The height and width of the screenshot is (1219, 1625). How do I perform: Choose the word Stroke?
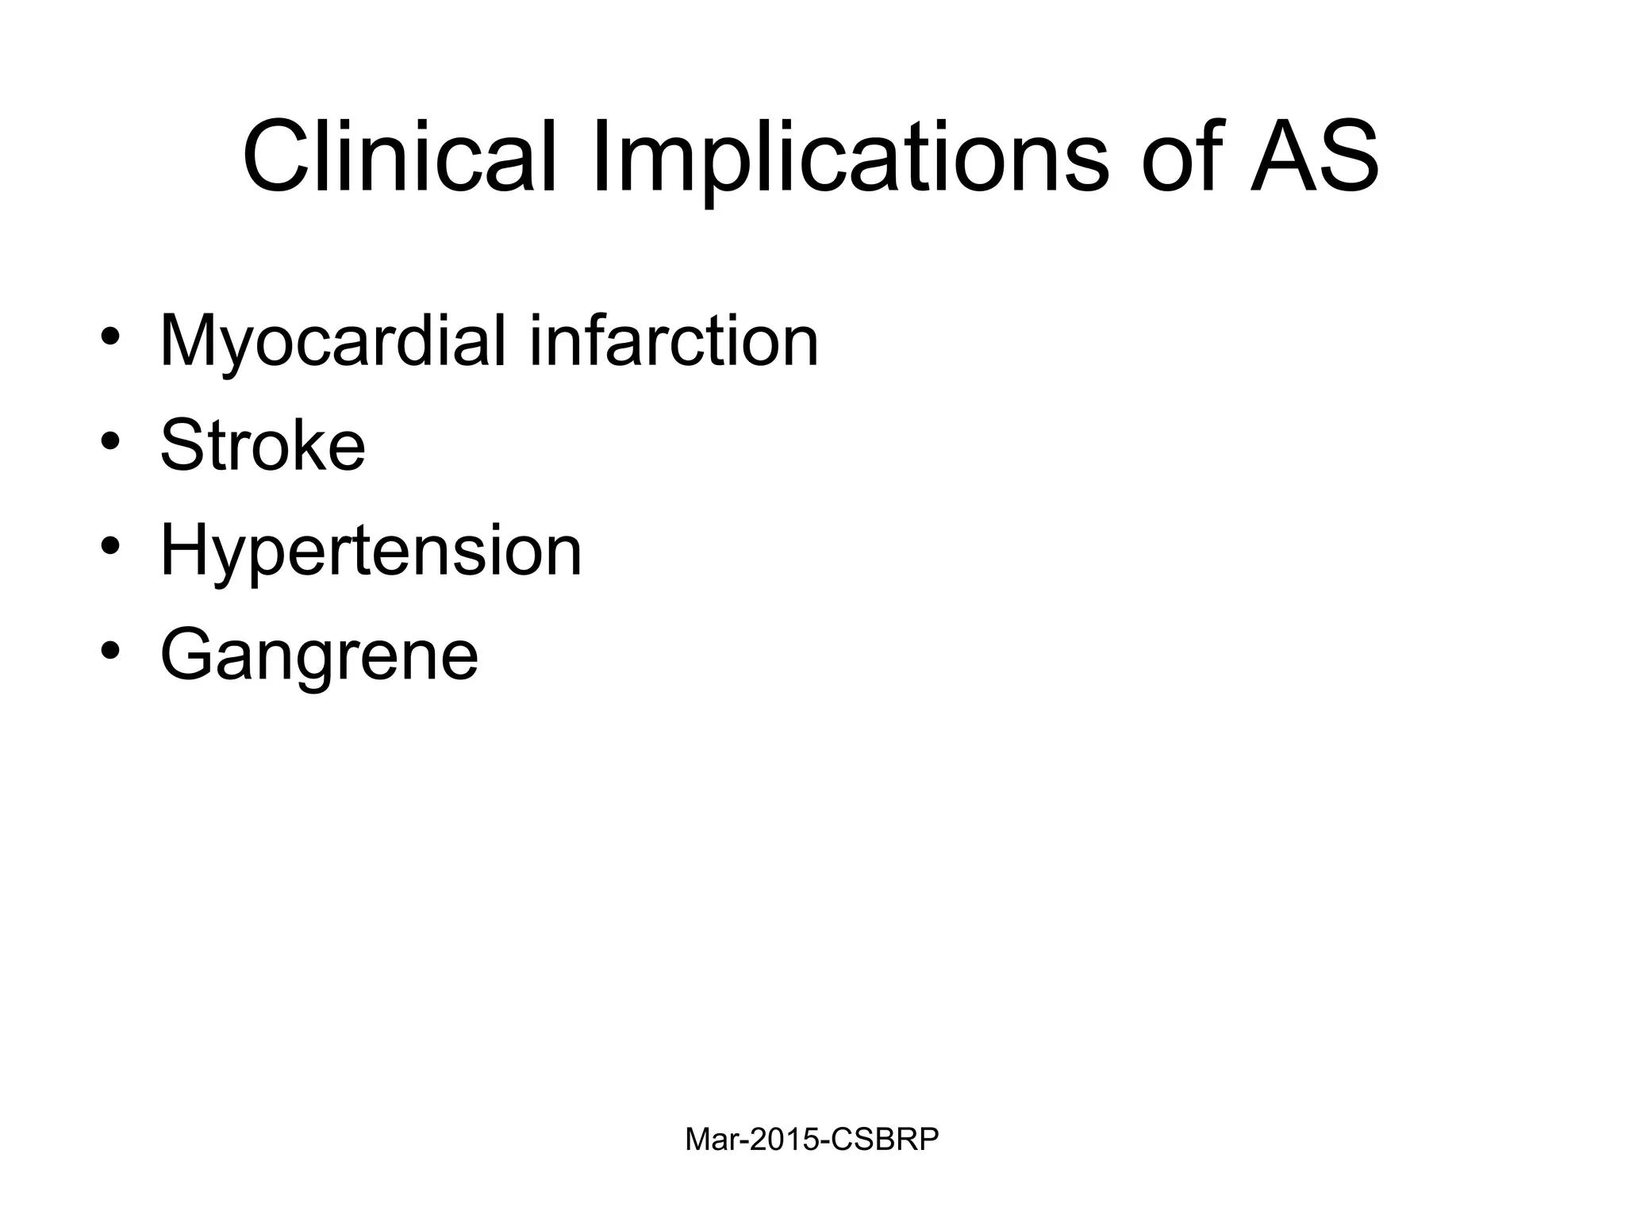263,446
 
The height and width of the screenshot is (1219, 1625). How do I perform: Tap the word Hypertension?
371,551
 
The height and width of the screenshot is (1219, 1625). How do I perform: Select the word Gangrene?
319,656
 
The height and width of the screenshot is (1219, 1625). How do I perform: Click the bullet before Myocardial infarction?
110,336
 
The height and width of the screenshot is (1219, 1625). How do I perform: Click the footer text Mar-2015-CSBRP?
812,1140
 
